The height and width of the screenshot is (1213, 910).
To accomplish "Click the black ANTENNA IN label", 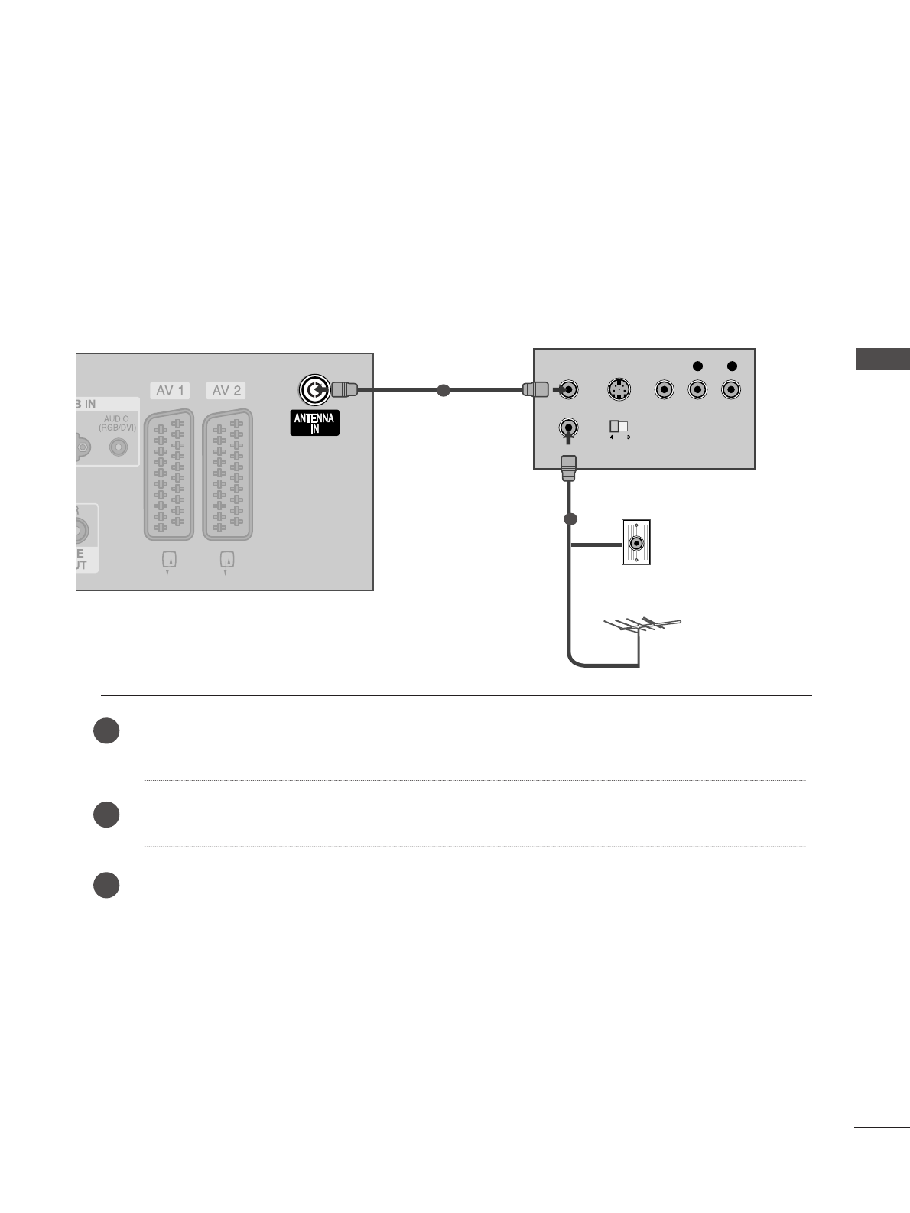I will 314,423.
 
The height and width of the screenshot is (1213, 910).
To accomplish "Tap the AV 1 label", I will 170,391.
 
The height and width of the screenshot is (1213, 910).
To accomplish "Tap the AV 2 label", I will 226,391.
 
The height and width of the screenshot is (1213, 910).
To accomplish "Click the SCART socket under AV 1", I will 169,474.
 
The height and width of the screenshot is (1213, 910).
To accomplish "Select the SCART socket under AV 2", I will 227,474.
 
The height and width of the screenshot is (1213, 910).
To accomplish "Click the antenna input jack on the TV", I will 313,390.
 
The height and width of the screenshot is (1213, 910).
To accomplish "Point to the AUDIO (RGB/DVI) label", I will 120,423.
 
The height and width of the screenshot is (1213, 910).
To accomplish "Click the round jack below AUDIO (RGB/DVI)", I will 119,447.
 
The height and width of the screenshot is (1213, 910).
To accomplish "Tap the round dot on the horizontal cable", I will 442,390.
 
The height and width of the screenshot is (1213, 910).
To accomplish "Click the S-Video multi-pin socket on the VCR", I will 619,390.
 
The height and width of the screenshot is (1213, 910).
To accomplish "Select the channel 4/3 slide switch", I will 618,427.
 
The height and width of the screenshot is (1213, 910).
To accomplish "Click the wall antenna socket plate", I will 636,542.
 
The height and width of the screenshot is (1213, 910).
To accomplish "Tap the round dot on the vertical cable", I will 569,519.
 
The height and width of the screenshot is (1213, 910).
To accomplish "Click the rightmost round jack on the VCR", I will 731,390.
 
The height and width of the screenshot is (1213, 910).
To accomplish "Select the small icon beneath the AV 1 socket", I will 169,561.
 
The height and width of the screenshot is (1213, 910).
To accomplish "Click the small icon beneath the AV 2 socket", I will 226,561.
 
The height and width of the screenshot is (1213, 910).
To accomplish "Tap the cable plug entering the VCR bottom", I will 568,467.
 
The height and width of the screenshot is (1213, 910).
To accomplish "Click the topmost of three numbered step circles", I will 106,730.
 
